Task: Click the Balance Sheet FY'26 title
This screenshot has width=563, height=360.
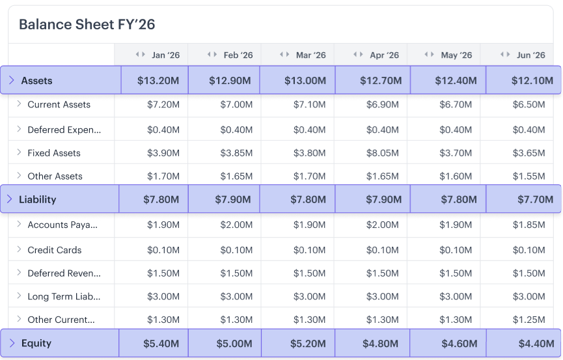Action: coord(87,25)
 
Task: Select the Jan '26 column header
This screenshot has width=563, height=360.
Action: coord(165,55)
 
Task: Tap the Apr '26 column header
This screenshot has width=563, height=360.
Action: coord(384,55)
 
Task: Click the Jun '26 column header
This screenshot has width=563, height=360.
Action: coord(530,55)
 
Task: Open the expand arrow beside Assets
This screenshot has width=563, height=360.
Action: coord(11,81)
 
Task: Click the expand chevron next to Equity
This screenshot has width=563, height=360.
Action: coord(11,343)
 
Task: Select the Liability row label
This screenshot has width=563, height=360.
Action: coord(38,199)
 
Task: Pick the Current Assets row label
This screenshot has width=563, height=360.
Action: coord(59,105)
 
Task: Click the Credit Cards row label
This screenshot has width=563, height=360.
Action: coord(54,250)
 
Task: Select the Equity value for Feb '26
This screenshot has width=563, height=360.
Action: coord(233,344)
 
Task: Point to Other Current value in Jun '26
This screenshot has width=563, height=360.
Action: coord(529,320)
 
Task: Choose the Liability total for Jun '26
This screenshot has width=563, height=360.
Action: coord(535,200)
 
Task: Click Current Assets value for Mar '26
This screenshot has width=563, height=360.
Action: coord(309,105)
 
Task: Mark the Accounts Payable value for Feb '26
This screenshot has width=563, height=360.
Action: coord(236,225)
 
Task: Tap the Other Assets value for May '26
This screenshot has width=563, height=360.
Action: coord(456,176)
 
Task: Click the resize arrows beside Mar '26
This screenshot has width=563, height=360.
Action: coord(284,55)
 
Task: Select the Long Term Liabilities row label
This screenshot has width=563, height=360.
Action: coord(64,297)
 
